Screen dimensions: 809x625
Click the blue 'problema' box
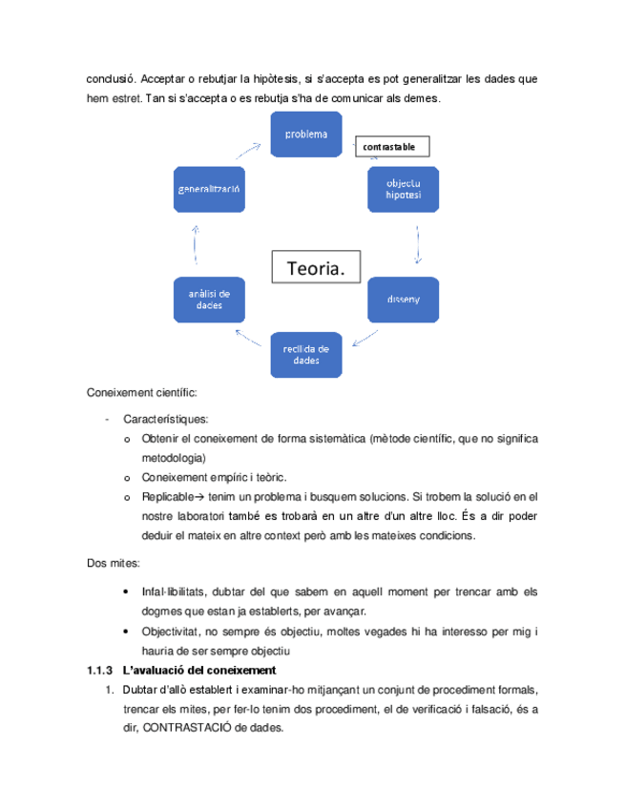(x=305, y=135)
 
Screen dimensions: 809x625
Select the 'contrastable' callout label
(x=392, y=147)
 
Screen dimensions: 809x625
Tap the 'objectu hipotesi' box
(x=404, y=188)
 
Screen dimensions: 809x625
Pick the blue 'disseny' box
(x=404, y=299)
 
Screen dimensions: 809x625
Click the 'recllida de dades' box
(x=305, y=354)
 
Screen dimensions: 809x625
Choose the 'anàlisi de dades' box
(x=208, y=299)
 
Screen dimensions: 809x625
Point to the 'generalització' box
(x=208, y=189)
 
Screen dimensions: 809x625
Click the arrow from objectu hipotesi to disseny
(x=418, y=244)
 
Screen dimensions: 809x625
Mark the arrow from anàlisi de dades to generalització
(x=195, y=243)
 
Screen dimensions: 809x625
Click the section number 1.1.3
(x=100, y=670)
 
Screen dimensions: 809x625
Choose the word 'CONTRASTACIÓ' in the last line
(x=221, y=724)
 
